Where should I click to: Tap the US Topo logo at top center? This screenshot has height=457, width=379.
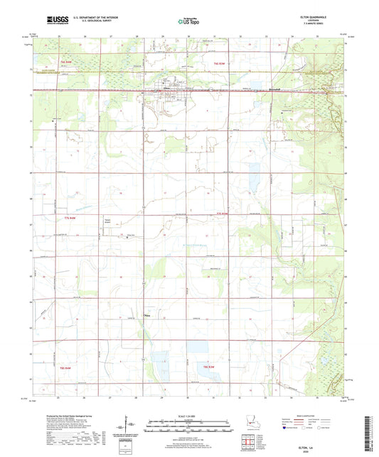tap(188, 22)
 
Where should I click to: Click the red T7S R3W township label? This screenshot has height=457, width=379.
tap(223, 212)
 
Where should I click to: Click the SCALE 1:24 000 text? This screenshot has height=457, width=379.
tap(188, 414)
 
